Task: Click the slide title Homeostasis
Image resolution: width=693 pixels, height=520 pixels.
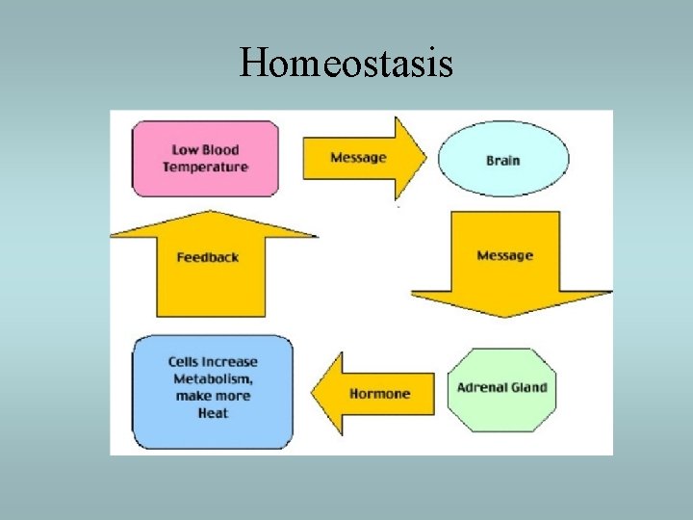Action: [x=346, y=64]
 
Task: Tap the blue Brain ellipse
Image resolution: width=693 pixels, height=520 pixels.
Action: [x=503, y=159]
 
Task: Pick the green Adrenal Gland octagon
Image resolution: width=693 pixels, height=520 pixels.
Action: [x=501, y=389]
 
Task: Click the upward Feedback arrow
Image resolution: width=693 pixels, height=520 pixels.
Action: [x=209, y=260]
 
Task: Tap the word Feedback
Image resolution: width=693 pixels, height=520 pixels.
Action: [x=208, y=257]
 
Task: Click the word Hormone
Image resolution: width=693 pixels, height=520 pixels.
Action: [x=379, y=394]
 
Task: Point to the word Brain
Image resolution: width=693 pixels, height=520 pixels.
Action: [x=503, y=160]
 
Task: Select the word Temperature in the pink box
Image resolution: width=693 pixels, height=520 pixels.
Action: [x=206, y=168]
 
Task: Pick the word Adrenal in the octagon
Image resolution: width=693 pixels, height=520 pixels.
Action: [x=481, y=388]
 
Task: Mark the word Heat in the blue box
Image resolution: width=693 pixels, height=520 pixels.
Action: [x=213, y=413]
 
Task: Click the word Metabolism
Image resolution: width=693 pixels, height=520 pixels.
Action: [x=213, y=378]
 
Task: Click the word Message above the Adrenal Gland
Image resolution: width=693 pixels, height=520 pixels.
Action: [x=505, y=255]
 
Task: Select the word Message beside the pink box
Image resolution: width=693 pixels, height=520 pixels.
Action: [x=358, y=158]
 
